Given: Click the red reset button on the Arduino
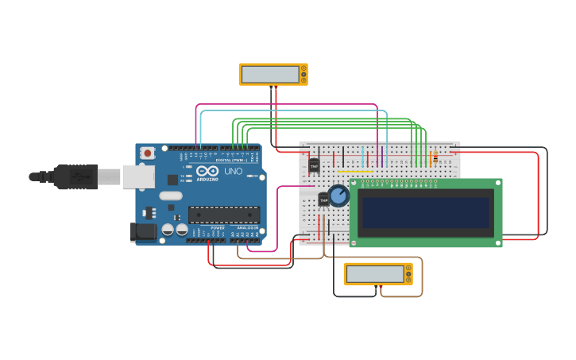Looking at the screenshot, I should [x=148, y=153].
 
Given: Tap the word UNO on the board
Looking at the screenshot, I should [x=234, y=171].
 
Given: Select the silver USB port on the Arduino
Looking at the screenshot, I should [x=138, y=176].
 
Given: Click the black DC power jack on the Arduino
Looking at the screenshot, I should [x=143, y=231].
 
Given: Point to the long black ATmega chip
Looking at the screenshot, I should [x=224, y=215].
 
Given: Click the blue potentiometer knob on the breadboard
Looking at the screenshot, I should [x=339, y=195].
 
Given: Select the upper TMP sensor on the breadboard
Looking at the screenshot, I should [x=314, y=165].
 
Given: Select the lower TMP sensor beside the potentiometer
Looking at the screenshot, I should [x=323, y=199].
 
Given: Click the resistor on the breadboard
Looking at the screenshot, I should [x=435, y=157].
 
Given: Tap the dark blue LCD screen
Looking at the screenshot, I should [x=426, y=212].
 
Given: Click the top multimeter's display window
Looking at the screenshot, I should [x=269, y=74].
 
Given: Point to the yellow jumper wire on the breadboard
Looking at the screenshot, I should [x=355, y=171].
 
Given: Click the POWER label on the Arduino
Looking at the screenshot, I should [x=218, y=228].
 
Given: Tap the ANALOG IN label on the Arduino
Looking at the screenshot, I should [x=246, y=228].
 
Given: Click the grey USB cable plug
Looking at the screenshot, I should [x=75, y=176].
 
